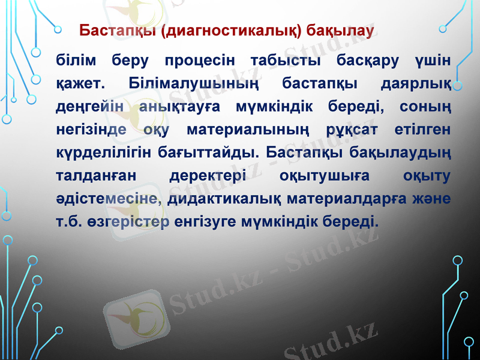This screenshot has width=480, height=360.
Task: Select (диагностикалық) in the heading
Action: click(232, 30)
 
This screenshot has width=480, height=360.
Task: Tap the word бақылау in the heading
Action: click(341, 30)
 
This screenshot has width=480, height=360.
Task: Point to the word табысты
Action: click(284, 60)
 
